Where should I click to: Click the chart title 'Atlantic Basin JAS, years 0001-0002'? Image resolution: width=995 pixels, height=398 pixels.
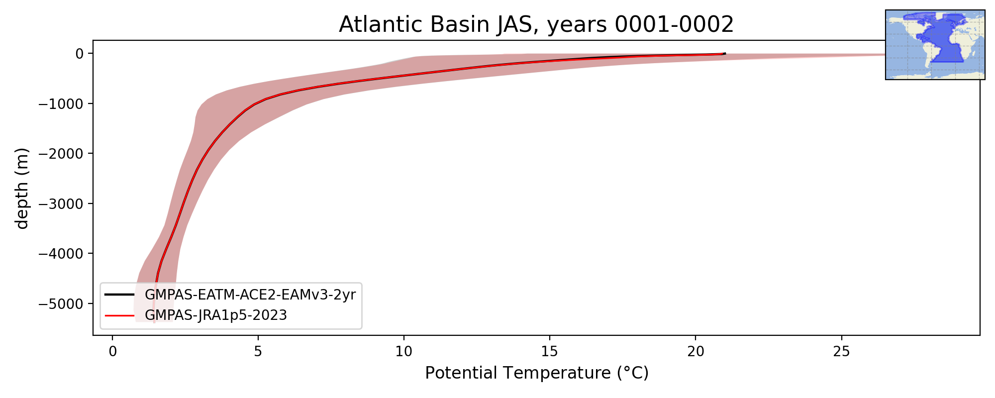[536, 25]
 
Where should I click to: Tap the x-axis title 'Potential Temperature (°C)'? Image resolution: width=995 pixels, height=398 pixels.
[537, 373]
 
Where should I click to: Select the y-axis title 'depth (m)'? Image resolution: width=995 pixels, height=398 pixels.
[22, 188]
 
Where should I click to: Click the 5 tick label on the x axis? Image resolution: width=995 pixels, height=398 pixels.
[258, 351]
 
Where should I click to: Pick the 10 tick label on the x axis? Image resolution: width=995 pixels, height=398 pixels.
[404, 351]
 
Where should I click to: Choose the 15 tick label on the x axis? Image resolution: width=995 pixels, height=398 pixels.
[550, 351]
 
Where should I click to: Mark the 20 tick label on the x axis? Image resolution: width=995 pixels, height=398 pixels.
[696, 351]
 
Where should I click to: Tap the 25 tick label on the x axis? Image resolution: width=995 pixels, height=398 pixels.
[841, 351]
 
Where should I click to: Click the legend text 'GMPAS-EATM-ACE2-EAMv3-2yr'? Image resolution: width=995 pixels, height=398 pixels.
[250, 295]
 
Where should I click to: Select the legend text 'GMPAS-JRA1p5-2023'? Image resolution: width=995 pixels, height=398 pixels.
[216, 315]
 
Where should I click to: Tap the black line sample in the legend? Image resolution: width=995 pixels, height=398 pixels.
[119, 295]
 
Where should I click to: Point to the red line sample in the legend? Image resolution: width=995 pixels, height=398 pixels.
[119, 315]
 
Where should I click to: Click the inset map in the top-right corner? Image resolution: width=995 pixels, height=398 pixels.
[935, 45]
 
